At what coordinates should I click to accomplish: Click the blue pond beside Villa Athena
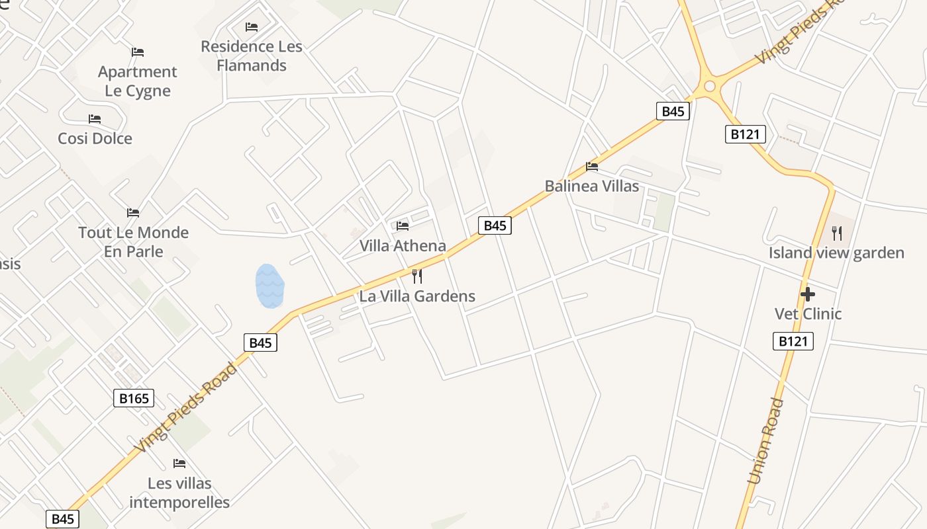point(269,286)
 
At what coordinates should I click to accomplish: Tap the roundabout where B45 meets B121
point(710,86)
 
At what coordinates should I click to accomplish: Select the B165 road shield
point(134,398)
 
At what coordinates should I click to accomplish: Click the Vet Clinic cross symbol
point(807,294)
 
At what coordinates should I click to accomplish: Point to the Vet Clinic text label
point(808,313)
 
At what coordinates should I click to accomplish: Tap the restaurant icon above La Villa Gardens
point(417,276)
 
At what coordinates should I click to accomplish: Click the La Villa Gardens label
point(417,296)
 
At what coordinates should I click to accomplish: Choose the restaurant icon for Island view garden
point(837,233)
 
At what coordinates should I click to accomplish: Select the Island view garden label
point(836,253)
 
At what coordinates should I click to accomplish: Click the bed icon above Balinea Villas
point(592,167)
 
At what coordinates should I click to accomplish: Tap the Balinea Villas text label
point(592,186)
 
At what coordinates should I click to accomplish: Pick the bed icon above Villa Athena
point(403,226)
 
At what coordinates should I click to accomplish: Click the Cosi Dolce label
point(95,138)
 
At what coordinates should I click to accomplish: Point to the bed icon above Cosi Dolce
point(95,119)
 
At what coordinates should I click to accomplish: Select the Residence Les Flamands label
point(252,56)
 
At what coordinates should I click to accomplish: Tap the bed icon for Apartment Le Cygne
point(138,52)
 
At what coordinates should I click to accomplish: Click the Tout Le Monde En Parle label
point(134,242)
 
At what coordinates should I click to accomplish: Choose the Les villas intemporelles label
point(179,493)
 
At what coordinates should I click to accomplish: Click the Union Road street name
point(766,441)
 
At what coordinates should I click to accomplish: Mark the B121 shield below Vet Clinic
point(793,341)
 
